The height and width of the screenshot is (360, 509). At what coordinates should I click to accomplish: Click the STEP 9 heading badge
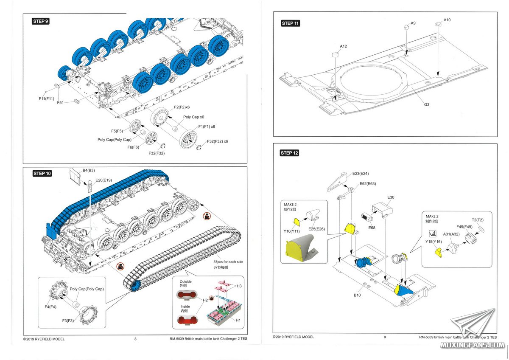pyautogui.click(x=41, y=21)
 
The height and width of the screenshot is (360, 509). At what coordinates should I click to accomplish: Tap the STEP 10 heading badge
pyautogui.click(x=42, y=173)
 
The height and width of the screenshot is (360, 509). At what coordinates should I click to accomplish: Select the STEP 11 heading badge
pyautogui.click(x=291, y=23)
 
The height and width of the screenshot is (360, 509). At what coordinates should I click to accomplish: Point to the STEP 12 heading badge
pyautogui.click(x=289, y=153)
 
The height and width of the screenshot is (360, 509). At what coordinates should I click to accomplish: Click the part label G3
pyautogui.click(x=426, y=104)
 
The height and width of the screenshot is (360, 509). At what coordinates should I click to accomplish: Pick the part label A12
pyautogui.click(x=344, y=46)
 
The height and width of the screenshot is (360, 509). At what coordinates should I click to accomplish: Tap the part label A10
pyautogui.click(x=447, y=20)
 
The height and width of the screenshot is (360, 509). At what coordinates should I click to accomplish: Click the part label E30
pyautogui.click(x=390, y=197)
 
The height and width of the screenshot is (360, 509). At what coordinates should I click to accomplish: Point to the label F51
pyautogui.click(x=61, y=102)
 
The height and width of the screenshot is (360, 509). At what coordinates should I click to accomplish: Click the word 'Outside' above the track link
pyautogui.click(x=186, y=281)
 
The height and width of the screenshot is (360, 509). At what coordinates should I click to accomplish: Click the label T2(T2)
pyautogui.click(x=478, y=220)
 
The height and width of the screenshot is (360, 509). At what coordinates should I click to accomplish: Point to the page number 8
pyautogui.click(x=135, y=339)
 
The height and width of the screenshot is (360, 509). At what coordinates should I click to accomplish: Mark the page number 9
pyautogui.click(x=385, y=337)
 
